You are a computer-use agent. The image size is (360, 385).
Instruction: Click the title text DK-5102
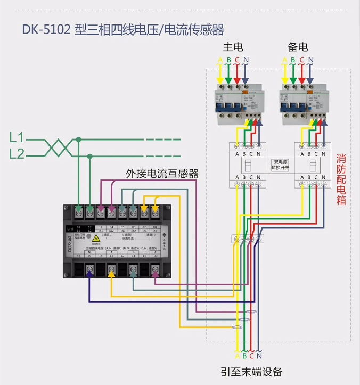(x=46, y=30)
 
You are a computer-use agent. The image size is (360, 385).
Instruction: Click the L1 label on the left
(x=17, y=138)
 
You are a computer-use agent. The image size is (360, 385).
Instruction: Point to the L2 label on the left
(x=17, y=154)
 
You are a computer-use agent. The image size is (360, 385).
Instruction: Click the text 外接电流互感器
(x=162, y=174)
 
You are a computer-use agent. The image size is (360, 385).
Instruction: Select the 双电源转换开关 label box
(x=280, y=165)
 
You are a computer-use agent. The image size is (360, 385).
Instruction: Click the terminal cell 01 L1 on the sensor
(x=78, y=229)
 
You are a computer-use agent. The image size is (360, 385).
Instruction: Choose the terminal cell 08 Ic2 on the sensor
(x=155, y=229)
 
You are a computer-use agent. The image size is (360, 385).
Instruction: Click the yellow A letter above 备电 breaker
(x=285, y=59)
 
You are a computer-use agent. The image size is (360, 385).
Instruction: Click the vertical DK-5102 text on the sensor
(x=69, y=242)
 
